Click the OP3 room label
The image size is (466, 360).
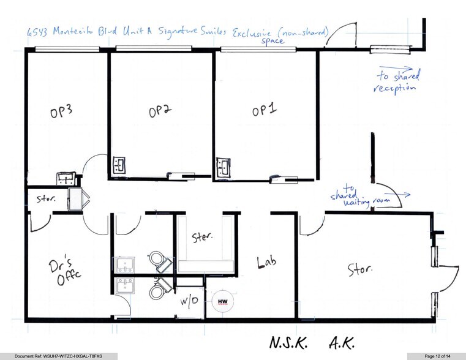[x=61, y=114]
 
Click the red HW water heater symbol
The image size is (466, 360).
[x=221, y=301]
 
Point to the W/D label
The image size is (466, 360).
[x=189, y=302]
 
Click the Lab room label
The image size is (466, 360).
[x=268, y=263]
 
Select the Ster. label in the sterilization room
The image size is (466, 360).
[x=201, y=237]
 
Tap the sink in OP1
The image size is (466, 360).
[x=222, y=166]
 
